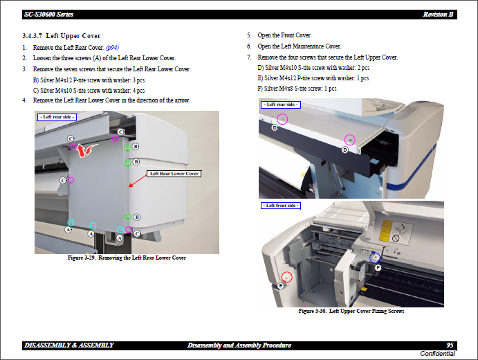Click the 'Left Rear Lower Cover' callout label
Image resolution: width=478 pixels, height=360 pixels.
click(x=175, y=174)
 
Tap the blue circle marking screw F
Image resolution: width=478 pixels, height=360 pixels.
click(x=375, y=258)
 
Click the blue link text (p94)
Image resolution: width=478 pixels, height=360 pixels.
click(x=111, y=47)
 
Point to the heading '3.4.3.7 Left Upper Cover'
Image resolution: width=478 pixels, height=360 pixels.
click(x=61, y=36)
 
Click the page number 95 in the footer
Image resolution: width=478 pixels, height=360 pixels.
click(x=450, y=345)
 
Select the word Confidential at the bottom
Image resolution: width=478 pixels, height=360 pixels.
click(x=437, y=354)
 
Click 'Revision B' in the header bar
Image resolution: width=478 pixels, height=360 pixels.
click(x=438, y=15)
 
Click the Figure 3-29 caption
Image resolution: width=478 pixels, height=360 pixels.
click(x=127, y=258)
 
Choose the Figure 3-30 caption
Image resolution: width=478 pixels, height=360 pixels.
click(x=351, y=312)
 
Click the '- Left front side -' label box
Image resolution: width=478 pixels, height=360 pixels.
click(x=280, y=206)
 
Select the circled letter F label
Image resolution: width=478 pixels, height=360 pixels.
click(x=378, y=267)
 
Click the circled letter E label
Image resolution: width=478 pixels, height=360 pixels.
click(x=280, y=285)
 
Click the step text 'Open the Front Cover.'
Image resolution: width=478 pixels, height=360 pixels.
click(x=284, y=35)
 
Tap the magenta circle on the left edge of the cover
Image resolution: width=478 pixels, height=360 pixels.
click(x=71, y=180)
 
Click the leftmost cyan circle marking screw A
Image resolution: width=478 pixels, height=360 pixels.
click(x=71, y=222)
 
